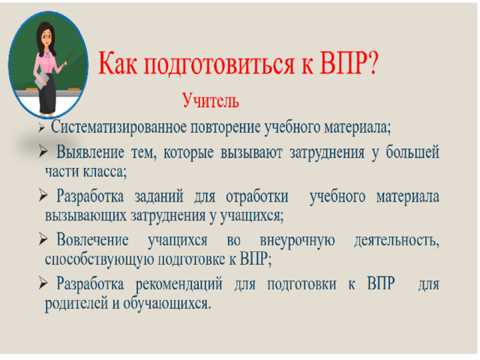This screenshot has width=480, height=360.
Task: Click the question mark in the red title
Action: coord(373,63)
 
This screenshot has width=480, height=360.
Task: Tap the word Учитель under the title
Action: coord(211,100)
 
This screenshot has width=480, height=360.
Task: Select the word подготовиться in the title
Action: coord(219,64)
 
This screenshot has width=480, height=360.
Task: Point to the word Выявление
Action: coord(90,152)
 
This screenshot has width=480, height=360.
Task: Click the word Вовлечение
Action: coord(92,239)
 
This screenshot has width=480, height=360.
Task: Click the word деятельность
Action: coord(397,240)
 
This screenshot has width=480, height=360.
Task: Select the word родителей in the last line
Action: coord(76,304)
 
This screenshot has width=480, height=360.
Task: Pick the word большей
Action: coord(412,151)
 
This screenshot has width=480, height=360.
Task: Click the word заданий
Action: coord(159,196)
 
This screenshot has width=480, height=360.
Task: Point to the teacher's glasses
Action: coord(46,36)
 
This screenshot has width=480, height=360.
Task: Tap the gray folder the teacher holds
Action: coord(42,80)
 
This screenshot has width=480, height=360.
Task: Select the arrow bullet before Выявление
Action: coord(43,151)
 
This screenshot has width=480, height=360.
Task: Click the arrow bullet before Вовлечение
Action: coord(43,239)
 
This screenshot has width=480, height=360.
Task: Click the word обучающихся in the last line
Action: coord(167,304)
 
